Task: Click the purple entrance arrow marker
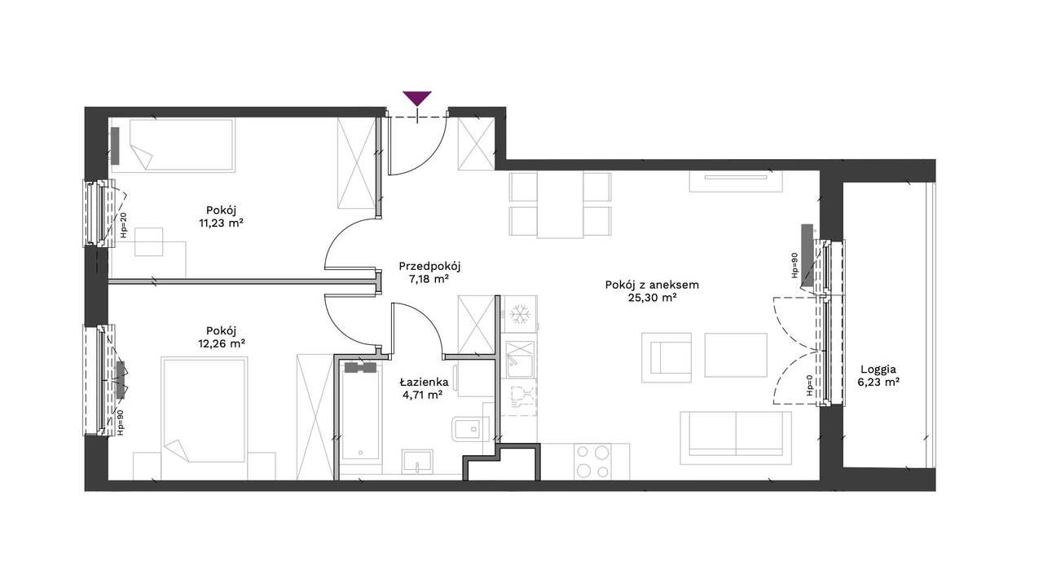(416, 98)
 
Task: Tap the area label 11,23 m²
(221, 223)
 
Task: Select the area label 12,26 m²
(222, 344)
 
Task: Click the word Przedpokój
(429, 267)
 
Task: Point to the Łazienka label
(425, 383)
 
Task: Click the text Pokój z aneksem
(652, 285)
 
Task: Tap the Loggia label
(878, 369)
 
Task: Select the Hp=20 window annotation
(123, 225)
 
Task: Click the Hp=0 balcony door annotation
(809, 386)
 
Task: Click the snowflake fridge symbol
(520, 314)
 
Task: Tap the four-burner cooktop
(592, 462)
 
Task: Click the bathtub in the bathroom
(361, 411)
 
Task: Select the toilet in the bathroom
(470, 429)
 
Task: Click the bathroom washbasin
(418, 462)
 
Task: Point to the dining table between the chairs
(560, 205)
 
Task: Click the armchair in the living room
(667, 358)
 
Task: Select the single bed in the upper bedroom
(172, 145)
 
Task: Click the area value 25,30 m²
(652, 299)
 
